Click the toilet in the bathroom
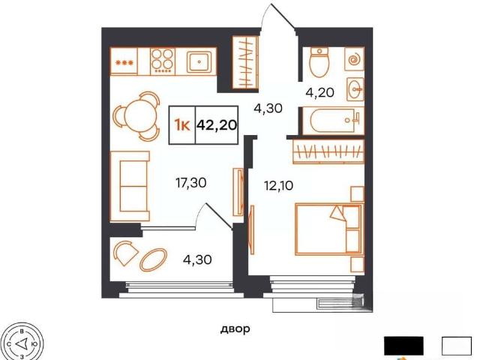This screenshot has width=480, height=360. [319, 62]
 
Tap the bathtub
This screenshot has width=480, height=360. [333, 121]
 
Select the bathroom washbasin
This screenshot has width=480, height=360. [355, 89]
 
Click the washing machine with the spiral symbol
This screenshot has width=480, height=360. [355, 59]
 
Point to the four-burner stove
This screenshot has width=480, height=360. [163, 61]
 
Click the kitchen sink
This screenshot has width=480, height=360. [199, 61]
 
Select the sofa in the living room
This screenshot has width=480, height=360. [130, 186]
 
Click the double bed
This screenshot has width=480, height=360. [330, 229]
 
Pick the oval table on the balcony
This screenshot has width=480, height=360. [153, 259]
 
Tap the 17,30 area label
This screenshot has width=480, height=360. [190, 183]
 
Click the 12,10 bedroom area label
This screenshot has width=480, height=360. [278, 185]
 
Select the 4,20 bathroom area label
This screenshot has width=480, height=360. [319, 92]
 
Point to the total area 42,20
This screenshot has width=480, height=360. [217, 124]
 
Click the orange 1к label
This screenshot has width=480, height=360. [181, 125]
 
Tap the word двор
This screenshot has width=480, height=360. [235, 329]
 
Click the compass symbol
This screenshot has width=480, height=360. [22, 343]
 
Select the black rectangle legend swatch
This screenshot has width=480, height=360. [403, 346]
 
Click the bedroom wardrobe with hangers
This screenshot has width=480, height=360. [328, 151]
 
